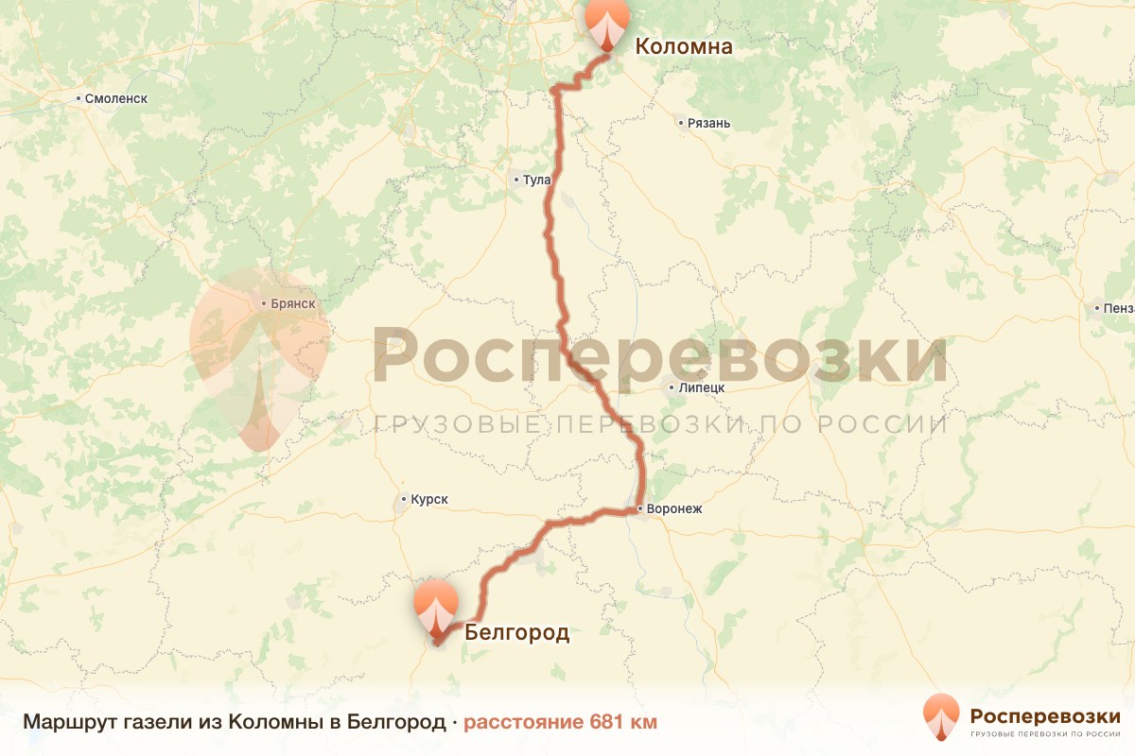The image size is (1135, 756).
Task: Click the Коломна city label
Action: pyautogui.click(x=683, y=45)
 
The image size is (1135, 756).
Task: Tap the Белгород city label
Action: pyautogui.click(x=516, y=632)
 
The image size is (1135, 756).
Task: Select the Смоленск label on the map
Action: pyautogui.click(x=116, y=98)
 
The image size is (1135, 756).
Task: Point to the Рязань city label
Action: pyautogui.click(x=709, y=123)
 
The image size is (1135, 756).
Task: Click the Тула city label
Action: pyautogui.click(x=536, y=180)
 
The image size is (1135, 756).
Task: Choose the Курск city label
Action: pyautogui.click(x=428, y=500)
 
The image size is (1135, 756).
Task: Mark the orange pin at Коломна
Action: pyautogui.click(x=607, y=23)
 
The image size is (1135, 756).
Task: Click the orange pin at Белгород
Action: pyautogui.click(x=435, y=609)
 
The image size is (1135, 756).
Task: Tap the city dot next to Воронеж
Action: pyautogui.click(x=640, y=509)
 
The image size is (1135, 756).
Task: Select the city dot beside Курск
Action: pyautogui.click(x=404, y=499)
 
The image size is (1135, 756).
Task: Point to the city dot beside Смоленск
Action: pyautogui.click(x=78, y=98)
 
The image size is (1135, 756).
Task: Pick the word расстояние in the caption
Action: pyautogui.click(x=523, y=722)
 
